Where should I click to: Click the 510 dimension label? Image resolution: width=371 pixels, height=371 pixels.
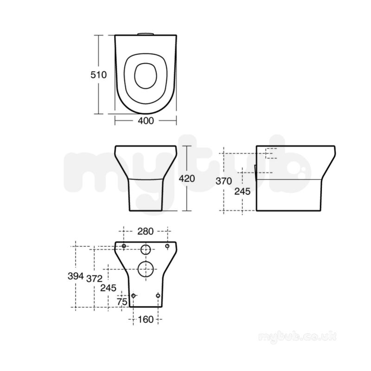coord(99,75)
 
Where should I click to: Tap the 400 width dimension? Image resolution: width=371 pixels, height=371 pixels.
coord(146,121)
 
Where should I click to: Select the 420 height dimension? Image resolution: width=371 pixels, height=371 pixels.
coord(187,179)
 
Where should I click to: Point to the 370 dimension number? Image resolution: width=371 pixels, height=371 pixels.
coord(224,181)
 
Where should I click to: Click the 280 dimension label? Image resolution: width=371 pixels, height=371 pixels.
coord(146,231)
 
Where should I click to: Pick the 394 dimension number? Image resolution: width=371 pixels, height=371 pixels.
coord(76,276)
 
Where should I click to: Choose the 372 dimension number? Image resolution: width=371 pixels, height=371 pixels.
coord(94,279)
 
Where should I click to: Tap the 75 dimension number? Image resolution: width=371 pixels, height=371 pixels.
coord(122,302)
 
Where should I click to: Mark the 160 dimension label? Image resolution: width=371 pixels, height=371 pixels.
coord(146,320)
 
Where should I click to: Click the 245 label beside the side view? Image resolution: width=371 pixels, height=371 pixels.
coord(242,192)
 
